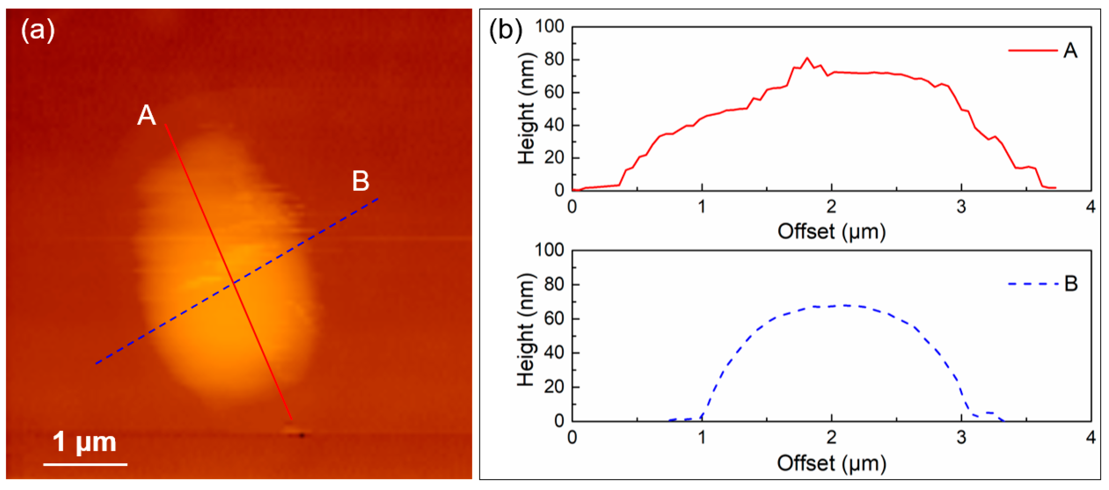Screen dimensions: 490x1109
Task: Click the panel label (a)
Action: tap(38, 30)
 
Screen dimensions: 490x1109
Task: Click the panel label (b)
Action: tap(506, 30)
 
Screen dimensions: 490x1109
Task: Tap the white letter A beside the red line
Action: tap(146, 115)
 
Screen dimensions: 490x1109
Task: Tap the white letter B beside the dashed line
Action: tap(361, 181)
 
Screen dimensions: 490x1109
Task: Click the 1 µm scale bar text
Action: tap(84, 442)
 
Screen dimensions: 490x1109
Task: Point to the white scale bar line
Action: tap(85, 464)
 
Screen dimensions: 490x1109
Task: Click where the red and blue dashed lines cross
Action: tap(234, 282)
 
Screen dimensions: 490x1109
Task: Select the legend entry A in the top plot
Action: tap(1069, 50)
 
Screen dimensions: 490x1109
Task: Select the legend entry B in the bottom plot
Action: tap(1070, 283)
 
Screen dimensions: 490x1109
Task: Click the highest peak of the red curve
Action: tap(807, 58)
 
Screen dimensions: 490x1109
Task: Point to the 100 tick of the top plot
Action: tap(550, 27)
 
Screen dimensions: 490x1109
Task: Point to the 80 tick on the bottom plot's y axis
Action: tap(554, 284)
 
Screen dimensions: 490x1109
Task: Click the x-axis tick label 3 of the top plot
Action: tap(961, 207)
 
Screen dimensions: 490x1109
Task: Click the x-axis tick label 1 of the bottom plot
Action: tap(702, 438)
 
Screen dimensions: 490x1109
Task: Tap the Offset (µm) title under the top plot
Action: tap(832, 231)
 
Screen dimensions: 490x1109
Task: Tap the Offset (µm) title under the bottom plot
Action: tap(832, 463)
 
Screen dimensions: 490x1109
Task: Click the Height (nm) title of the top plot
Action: tap(527, 108)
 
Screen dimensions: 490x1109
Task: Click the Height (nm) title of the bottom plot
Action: tap(527, 330)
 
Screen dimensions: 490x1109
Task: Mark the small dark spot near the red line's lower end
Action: tap(302, 435)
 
